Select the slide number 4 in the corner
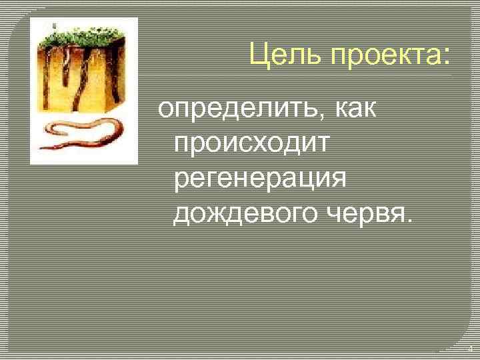469,349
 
